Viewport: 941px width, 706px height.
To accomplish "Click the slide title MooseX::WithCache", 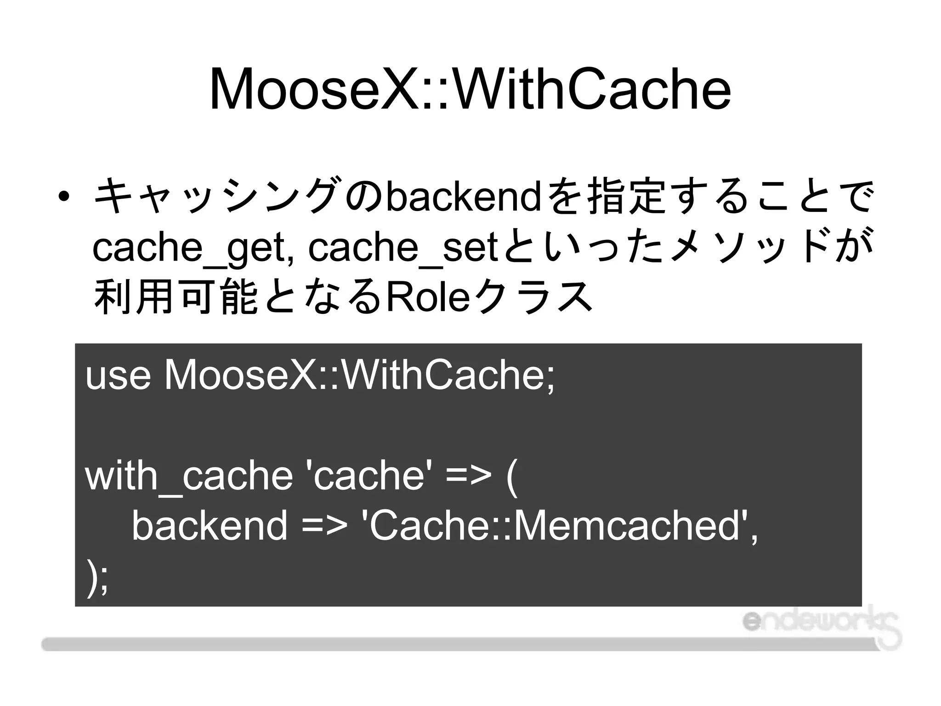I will [x=470, y=90].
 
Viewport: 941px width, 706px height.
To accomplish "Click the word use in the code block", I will [x=118, y=376].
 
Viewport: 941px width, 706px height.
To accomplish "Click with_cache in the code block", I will [x=189, y=476].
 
